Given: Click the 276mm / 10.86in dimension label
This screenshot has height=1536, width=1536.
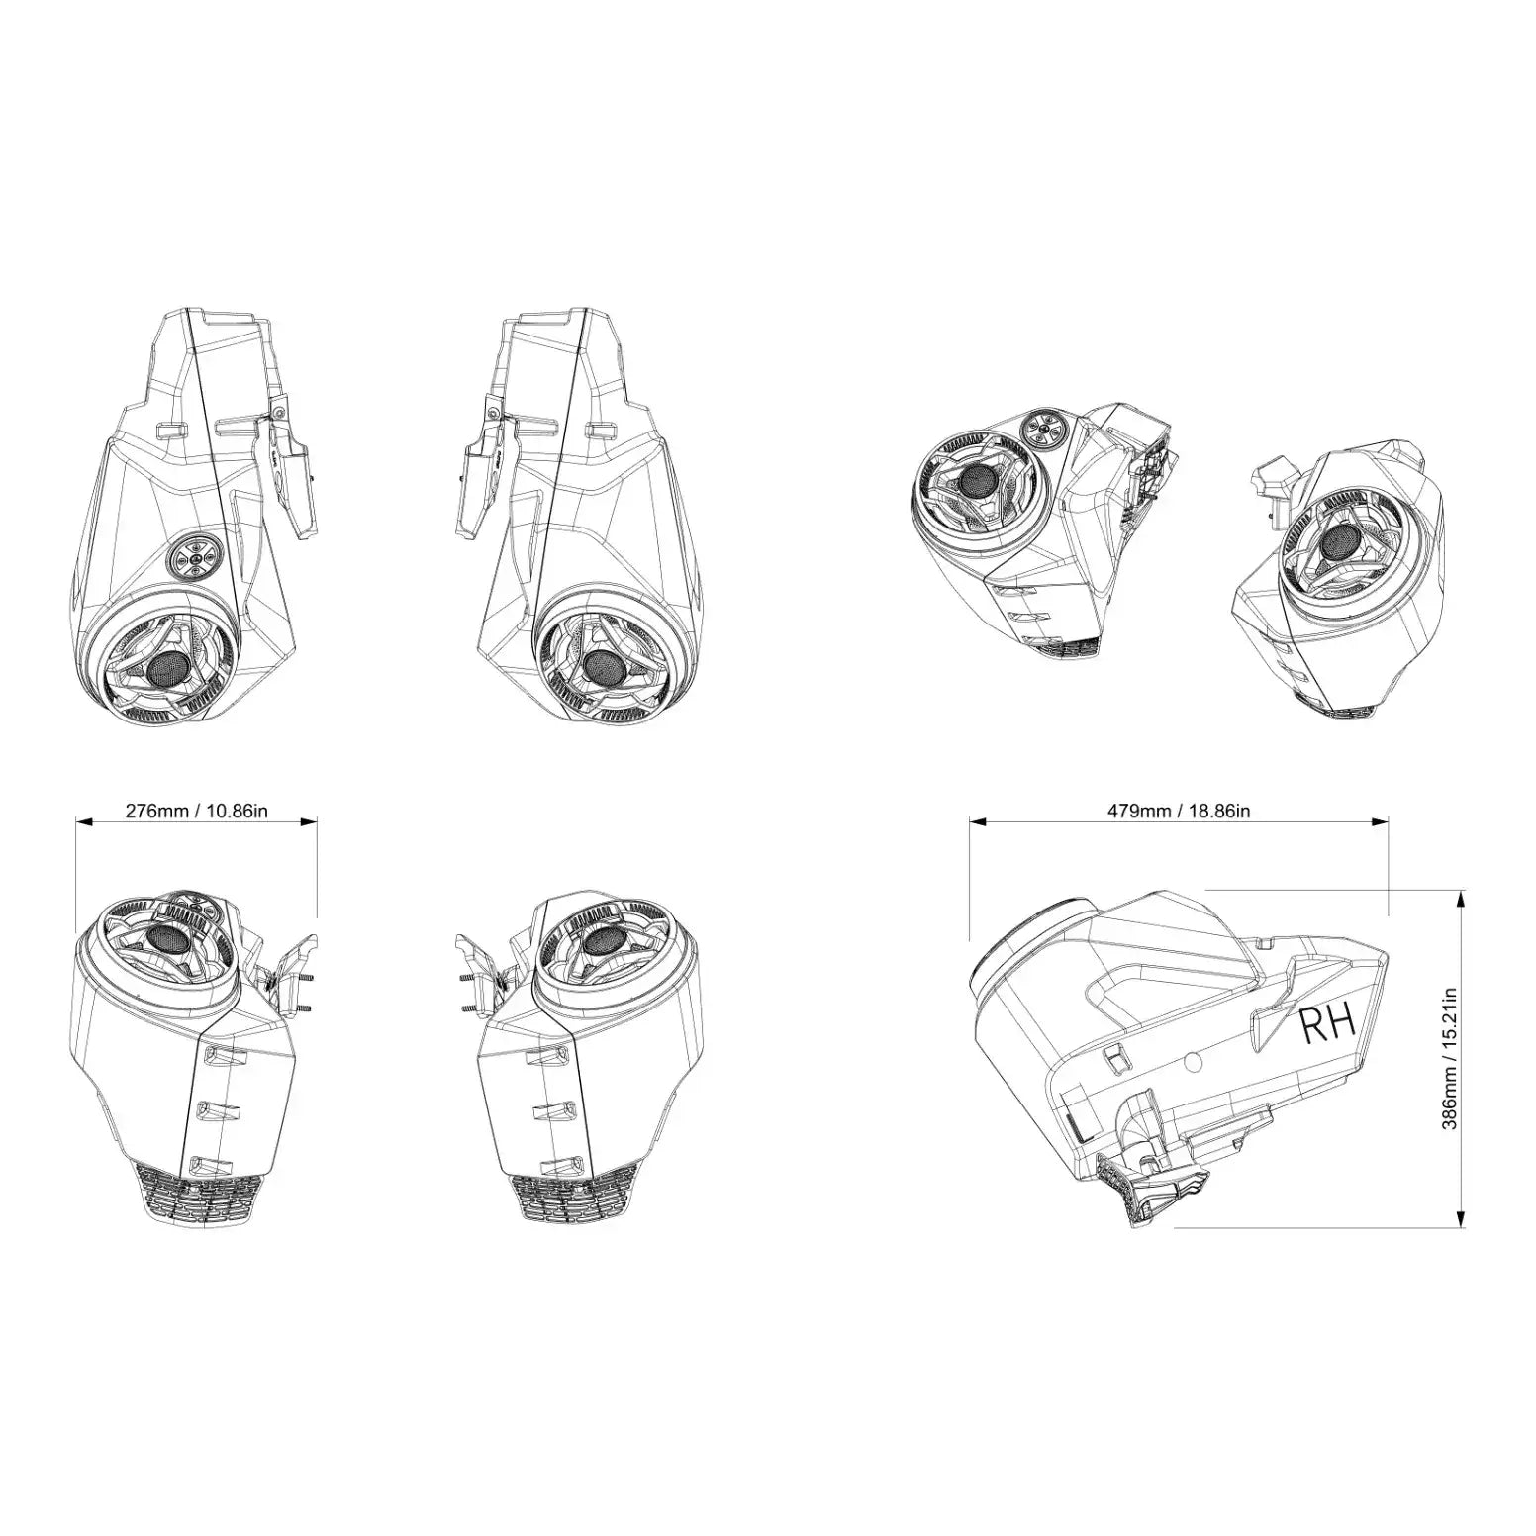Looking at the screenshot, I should [196, 812].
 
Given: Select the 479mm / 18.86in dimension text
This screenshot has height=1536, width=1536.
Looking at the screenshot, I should [1178, 812].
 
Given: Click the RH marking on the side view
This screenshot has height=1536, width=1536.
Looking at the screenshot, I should [1327, 1026].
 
